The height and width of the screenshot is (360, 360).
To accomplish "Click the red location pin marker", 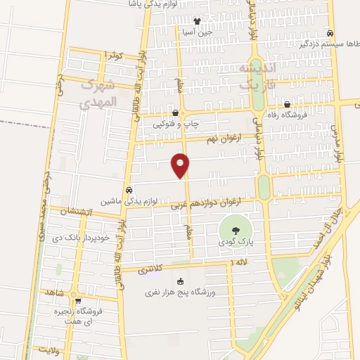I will pos(181,165).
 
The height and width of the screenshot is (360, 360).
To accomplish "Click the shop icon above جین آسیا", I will pos(197,21).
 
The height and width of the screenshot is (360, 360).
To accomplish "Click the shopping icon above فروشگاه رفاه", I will pos(287,104).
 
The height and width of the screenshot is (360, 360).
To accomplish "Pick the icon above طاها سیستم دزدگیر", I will pos(330,33).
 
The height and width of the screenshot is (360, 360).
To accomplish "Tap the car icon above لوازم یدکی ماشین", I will pos(129,190).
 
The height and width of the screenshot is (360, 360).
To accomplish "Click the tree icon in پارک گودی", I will pos(234,230).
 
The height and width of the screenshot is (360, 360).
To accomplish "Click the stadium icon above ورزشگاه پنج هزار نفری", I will pos(179,281).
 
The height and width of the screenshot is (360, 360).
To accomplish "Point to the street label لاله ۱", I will pos(240,262).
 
